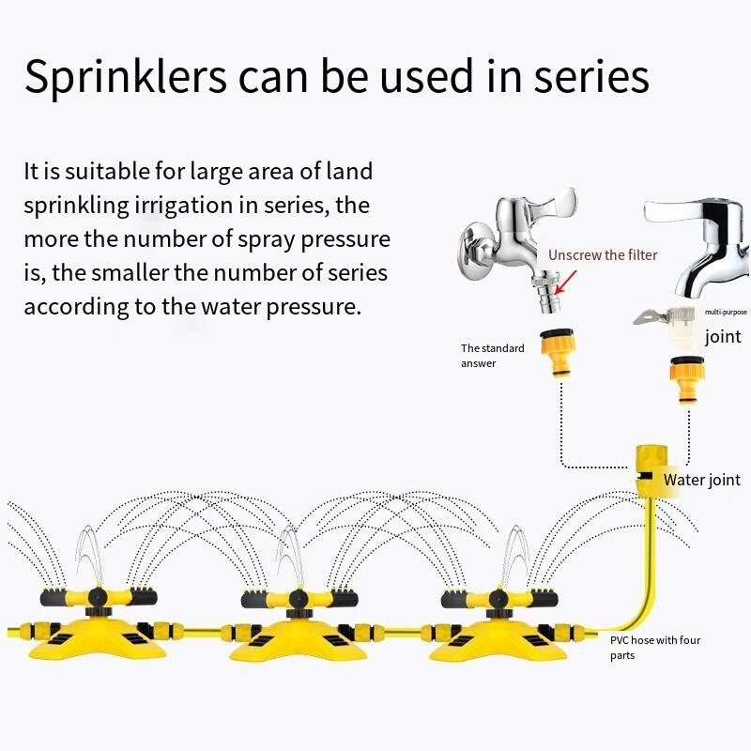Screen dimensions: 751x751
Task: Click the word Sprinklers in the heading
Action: pyautogui.click(x=126, y=78)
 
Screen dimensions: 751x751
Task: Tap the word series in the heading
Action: pyautogui.click(x=591, y=76)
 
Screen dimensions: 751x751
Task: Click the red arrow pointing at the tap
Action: pyautogui.click(x=565, y=283)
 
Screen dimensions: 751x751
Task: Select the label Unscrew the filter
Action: pyautogui.click(x=603, y=254)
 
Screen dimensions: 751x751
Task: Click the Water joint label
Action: pyautogui.click(x=702, y=480)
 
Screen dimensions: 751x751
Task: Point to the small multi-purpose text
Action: pyautogui.click(x=726, y=312)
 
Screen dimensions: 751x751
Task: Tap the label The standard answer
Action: pyautogui.click(x=492, y=356)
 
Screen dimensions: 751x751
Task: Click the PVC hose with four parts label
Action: pyautogui.click(x=655, y=648)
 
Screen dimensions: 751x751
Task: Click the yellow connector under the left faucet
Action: pyautogui.click(x=558, y=352)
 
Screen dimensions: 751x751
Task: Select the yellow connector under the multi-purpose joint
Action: pyautogui.click(x=687, y=379)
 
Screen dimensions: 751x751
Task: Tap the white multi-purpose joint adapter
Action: pyautogui.click(x=666, y=326)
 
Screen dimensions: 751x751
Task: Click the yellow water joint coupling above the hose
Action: pyautogui.click(x=651, y=471)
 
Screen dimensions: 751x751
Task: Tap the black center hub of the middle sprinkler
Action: pyautogui.click(x=298, y=599)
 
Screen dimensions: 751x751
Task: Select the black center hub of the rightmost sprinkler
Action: pyautogui.click(x=498, y=599)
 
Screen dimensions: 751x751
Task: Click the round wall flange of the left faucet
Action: pyautogui.click(x=477, y=249)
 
